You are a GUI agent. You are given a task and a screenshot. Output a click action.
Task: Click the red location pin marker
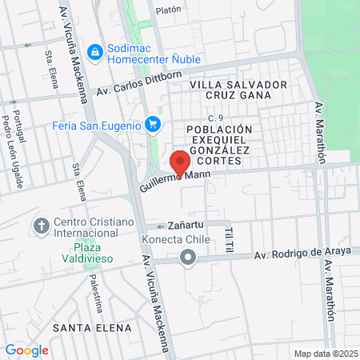pyautogui.click(x=180, y=162)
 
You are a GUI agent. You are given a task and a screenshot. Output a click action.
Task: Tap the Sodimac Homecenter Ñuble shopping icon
pyautogui.click(x=94, y=51)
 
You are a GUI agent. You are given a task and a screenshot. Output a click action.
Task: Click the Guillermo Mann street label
pyautogui.click(x=170, y=180)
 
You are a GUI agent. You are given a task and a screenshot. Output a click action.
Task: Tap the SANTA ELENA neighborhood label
pyautogui.click(x=80, y=328)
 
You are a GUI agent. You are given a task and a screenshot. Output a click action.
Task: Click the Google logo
pyautogui.click(x=26, y=350)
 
